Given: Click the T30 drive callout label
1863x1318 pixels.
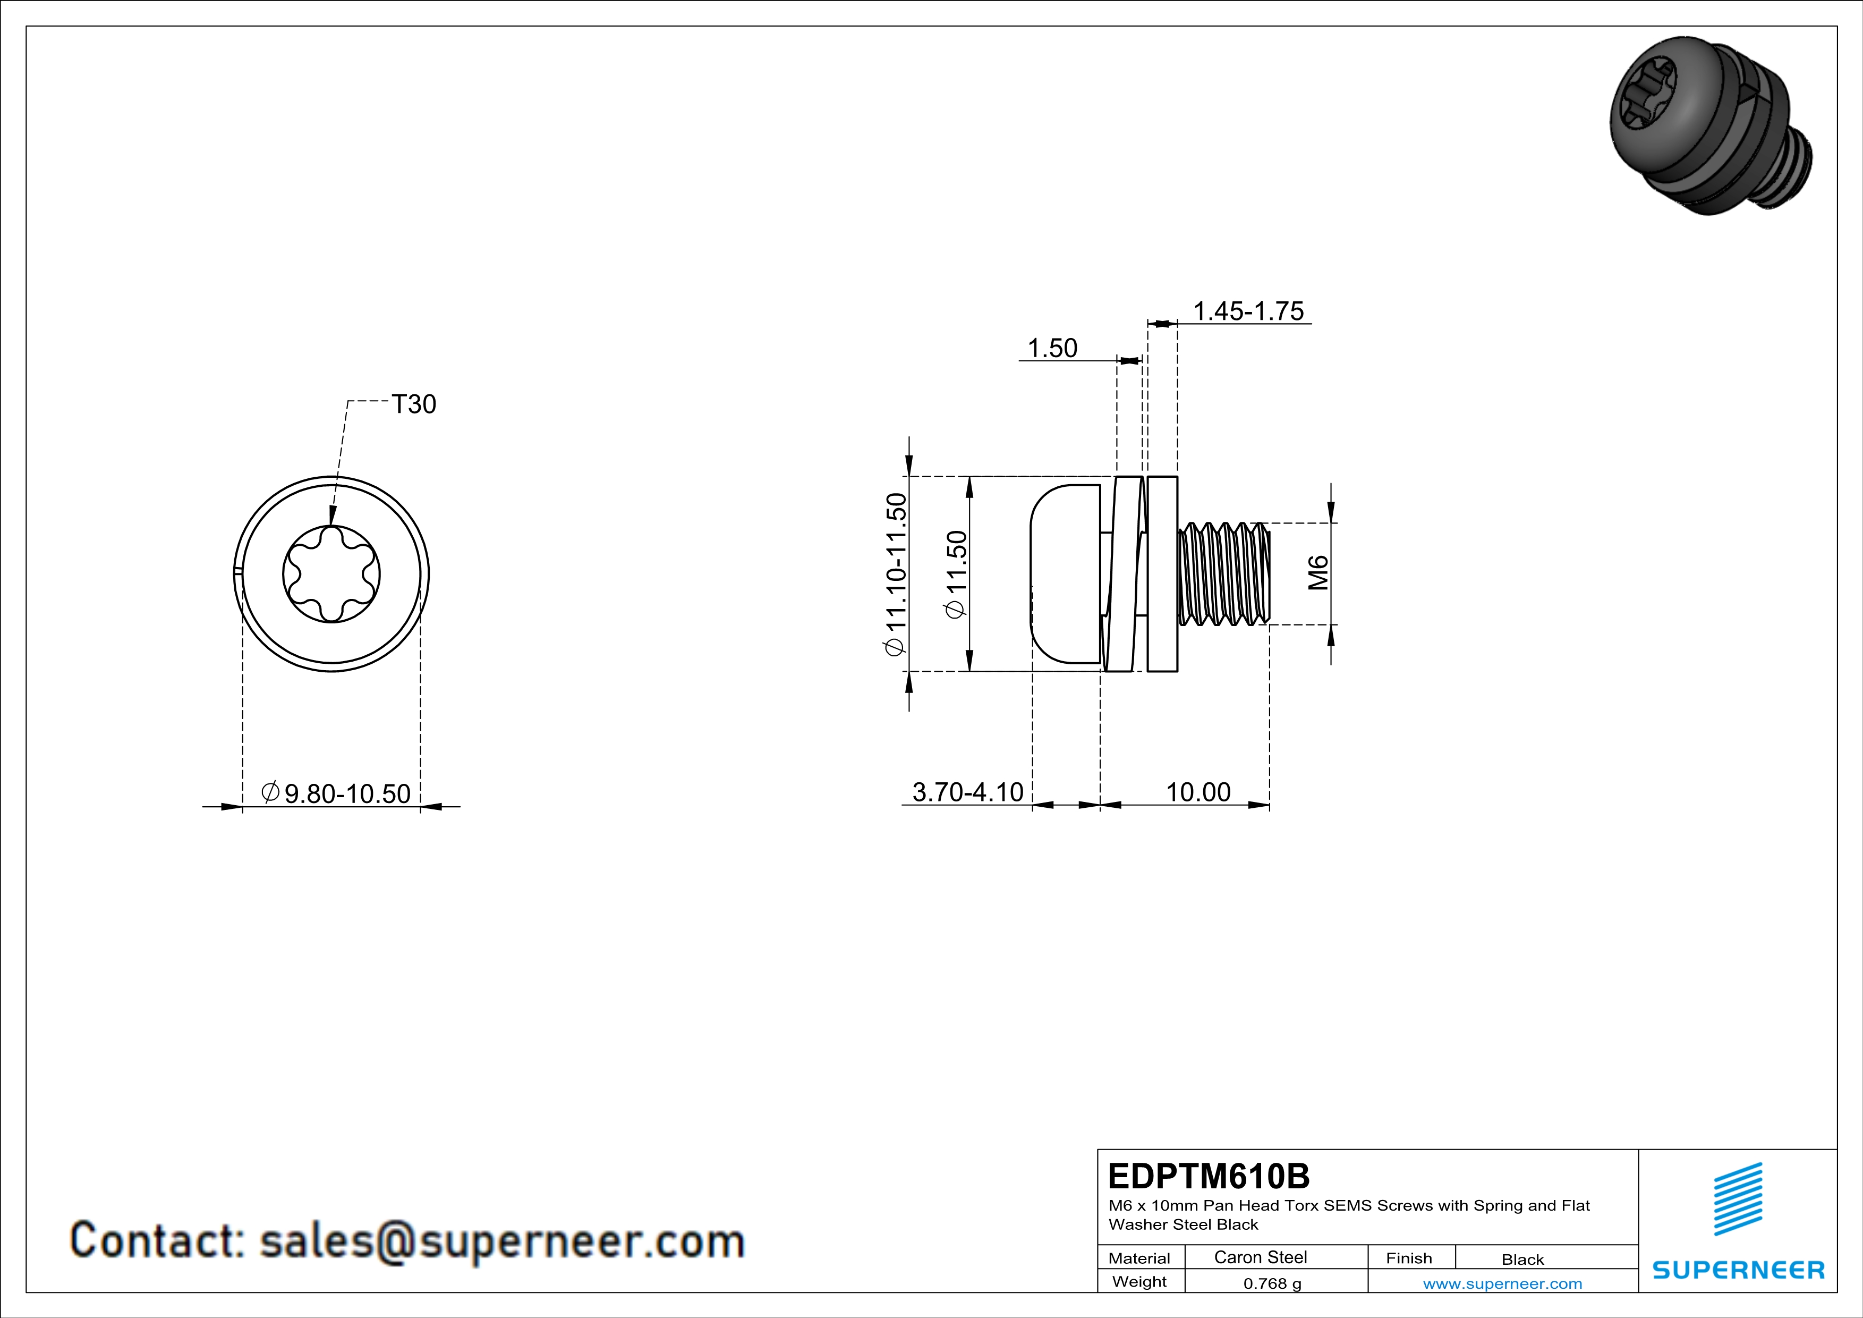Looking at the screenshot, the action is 414,404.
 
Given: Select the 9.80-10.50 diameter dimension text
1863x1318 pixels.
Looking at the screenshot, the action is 336,793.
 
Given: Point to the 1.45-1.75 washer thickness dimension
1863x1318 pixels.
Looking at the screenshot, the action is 1248,311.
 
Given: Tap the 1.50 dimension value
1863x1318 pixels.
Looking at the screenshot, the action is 1052,348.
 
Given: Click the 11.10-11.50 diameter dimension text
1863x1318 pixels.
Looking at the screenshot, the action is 895,574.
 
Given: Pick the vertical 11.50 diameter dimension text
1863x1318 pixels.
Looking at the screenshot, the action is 957,574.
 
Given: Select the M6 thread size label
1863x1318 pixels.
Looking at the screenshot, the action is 1318,572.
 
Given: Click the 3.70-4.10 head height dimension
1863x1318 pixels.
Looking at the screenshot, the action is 968,791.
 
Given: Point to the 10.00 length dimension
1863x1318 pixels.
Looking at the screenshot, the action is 1198,791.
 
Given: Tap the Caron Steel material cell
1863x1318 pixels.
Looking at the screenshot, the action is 1260,1257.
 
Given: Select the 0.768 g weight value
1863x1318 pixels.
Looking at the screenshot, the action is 1272,1283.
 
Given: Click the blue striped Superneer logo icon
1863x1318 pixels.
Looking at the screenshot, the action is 1738,1199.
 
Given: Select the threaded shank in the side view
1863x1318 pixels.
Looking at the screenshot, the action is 1223,574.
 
